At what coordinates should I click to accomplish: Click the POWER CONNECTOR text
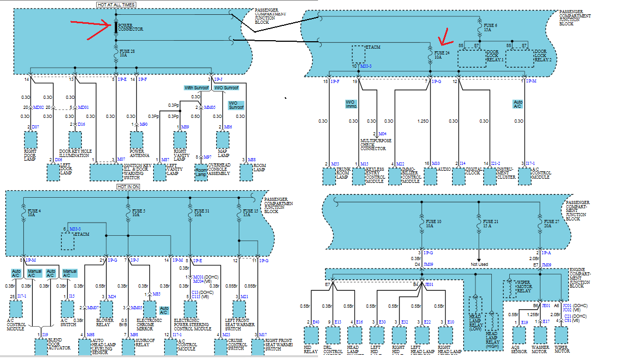(x=129, y=27)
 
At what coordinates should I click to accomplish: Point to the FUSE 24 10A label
(x=442, y=55)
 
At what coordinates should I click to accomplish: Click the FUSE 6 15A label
(x=490, y=27)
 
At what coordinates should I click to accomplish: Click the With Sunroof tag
(x=197, y=87)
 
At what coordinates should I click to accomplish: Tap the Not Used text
(x=479, y=264)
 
